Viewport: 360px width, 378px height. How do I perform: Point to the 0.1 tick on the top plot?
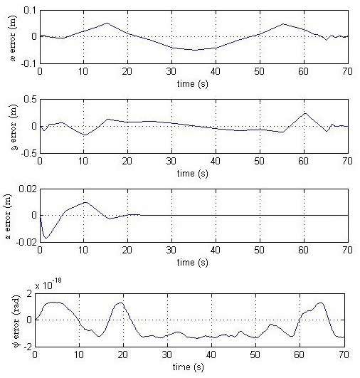pos(28,11)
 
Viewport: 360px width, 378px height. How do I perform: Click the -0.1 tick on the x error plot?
pos(27,63)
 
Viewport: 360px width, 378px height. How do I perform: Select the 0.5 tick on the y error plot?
pos(28,100)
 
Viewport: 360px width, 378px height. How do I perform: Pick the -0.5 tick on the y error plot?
pos(27,152)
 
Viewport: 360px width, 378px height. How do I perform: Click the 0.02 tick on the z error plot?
pos(26,189)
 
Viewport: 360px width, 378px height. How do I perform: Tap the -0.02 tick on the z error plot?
pos(25,242)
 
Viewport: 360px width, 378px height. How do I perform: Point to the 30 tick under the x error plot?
pos(171,72)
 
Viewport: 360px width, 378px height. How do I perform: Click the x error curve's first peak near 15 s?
pos(107,23)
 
